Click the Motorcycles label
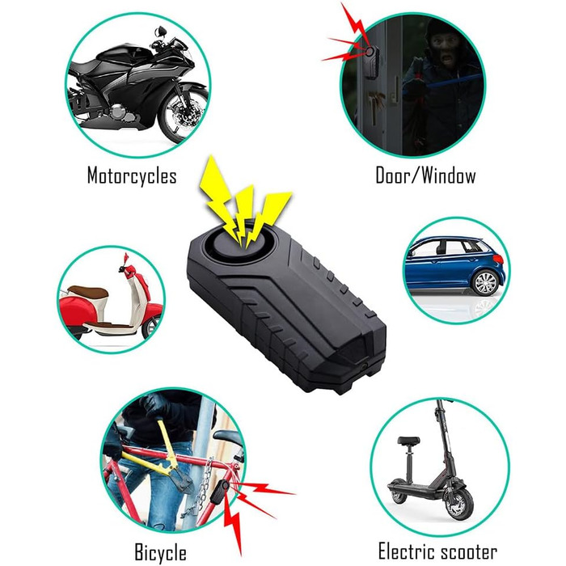tap(132, 175)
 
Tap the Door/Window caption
tap(425, 175)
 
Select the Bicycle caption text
tap(161, 552)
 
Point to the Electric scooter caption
tap(437, 551)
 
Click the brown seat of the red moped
tap(88, 292)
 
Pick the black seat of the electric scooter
tap(408, 440)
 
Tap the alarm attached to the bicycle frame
tap(219, 491)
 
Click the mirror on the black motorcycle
tap(159, 32)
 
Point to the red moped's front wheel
tap(151, 327)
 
